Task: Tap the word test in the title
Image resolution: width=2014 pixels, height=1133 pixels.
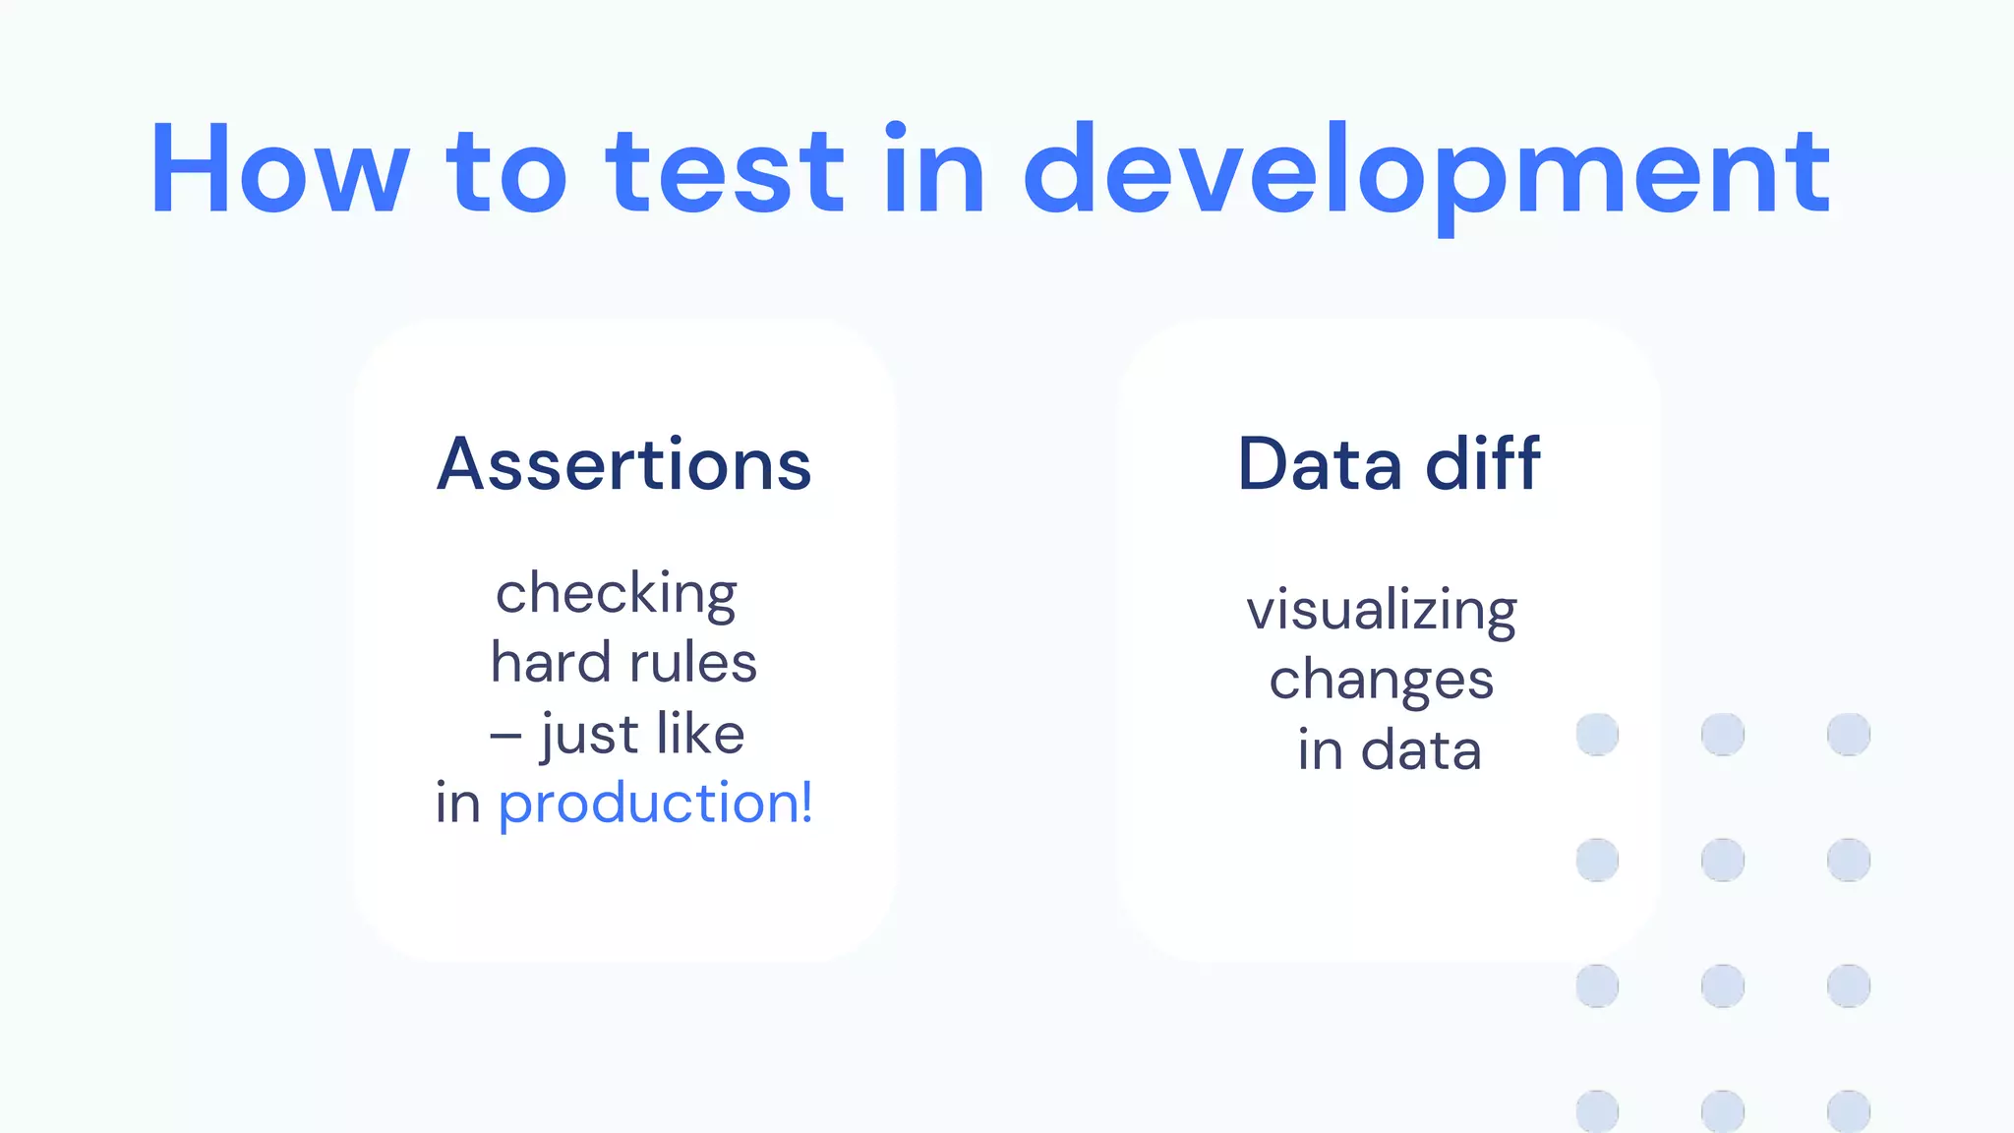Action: [x=725, y=169]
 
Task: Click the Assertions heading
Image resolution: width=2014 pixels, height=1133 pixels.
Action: [x=624, y=464]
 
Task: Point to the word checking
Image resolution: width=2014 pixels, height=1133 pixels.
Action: [x=617, y=594]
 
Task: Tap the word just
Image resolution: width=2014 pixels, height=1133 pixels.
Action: [x=590, y=735]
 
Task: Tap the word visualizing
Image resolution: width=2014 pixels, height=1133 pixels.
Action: [x=1382, y=611]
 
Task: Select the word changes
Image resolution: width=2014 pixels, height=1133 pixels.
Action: [x=1382, y=681]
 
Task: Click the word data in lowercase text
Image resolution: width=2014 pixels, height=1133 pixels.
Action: [x=1421, y=750]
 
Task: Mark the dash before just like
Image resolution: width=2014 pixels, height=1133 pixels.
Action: [x=505, y=735]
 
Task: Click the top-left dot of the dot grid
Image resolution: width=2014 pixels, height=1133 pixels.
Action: [x=1597, y=735]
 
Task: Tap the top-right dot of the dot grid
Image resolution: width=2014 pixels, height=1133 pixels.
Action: [x=1849, y=735]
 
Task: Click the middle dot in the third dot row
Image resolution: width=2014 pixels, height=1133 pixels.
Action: [x=1723, y=985]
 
